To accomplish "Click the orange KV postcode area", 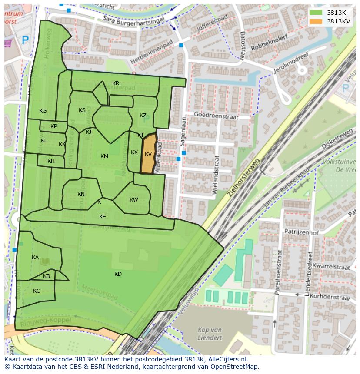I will tap(148, 154).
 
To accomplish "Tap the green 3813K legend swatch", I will tap(316, 12).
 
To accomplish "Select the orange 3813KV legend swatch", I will tap(316, 21).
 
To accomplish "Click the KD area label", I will tap(118, 274).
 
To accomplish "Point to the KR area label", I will tap(116, 83).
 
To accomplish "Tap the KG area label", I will tap(43, 111).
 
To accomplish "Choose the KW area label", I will tap(133, 200).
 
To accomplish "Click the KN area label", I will tap(81, 194).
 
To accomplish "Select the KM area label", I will tap(104, 156).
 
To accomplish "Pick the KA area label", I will tap(35, 258).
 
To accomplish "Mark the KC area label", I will tap(37, 291).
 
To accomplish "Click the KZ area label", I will tap(143, 116).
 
